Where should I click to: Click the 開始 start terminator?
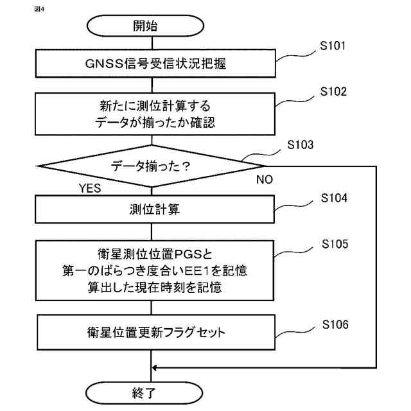(x=146, y=26)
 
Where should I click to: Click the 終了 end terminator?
(x=144, y=393)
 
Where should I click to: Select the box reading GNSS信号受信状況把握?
(x=155, y=64)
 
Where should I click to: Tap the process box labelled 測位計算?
(x=155, y=209)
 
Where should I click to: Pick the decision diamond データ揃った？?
(x=152, y=166)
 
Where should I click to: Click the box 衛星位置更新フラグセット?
(x=156, y=333)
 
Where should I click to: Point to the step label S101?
(x=333, y=46)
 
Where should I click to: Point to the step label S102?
(x=333, y=91)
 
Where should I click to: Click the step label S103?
(x=300, y=144)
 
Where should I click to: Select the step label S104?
(x=334, y=198)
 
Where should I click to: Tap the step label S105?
(x=335, y=244)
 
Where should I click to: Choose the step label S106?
(x=335, y=324)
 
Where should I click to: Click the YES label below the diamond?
(x=90, y=188)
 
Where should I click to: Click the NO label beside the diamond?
(x=265, y=180)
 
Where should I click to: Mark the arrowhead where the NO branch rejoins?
(x=154, y=368)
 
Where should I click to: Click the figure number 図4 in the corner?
(x=39, y=10)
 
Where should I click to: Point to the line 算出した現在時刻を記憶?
(x=155, y=287)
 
